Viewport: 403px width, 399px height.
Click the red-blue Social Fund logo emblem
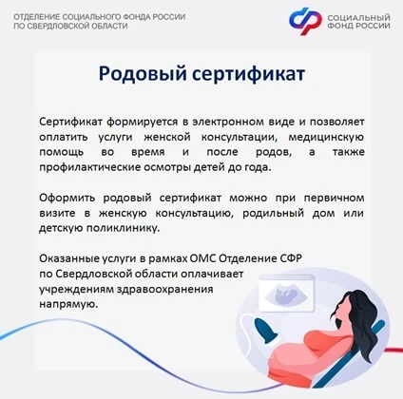305,21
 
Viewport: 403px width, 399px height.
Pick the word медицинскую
326,138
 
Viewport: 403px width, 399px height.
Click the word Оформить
67,199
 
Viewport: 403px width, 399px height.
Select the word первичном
334,199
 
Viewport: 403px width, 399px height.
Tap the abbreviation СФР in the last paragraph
291,258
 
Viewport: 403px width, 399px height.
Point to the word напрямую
68,305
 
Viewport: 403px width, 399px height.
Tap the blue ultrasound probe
266,332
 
